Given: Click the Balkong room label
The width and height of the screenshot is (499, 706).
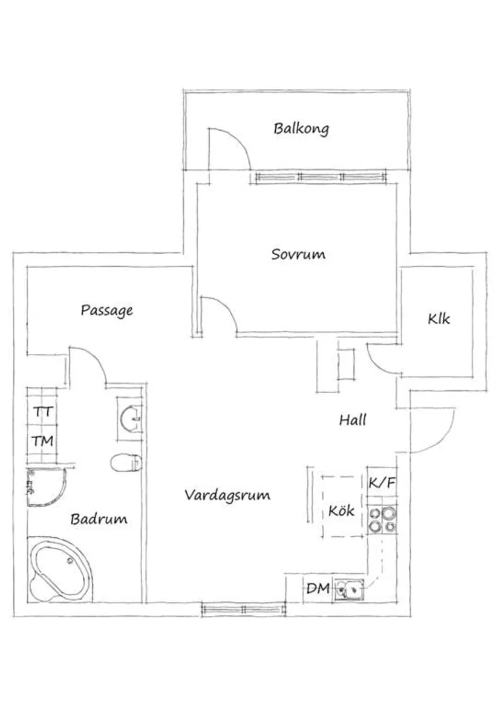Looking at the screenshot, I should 301,128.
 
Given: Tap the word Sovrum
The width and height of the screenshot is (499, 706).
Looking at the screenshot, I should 298,254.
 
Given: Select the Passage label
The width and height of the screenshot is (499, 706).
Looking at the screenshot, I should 106,310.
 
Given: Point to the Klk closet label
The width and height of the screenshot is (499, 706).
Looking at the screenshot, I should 439,319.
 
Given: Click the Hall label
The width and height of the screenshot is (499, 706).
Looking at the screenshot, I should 352,419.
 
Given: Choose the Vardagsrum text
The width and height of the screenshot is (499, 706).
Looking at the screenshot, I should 227,495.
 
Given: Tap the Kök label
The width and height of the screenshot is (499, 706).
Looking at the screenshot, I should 341,510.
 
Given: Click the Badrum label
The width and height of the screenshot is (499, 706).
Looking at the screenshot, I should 99,518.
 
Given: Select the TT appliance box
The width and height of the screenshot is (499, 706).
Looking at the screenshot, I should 43,412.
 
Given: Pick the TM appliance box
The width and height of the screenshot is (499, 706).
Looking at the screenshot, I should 43,441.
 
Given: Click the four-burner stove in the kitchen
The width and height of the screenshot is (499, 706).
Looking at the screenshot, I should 382,520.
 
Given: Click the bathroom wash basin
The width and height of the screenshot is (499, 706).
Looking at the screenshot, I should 131,417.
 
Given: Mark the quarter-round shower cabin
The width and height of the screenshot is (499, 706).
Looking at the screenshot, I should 45,486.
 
